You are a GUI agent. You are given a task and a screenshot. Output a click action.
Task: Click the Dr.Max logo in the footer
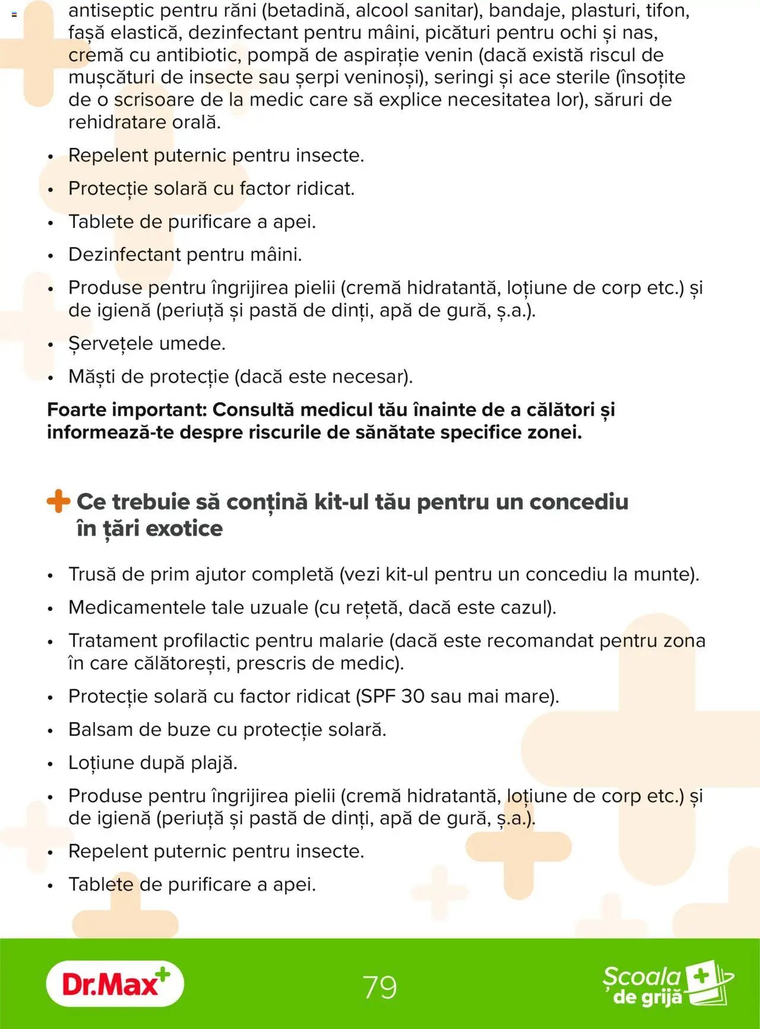click(115, 984)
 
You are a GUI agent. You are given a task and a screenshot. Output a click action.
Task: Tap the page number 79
click(380, 987)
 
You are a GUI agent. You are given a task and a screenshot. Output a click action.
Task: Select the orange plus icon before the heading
click(58, 501)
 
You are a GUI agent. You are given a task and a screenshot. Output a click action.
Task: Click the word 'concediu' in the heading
click(578, 502)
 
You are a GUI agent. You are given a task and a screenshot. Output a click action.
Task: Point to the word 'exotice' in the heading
click(183, 528)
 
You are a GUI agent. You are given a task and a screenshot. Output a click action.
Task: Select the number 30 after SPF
click(413, 696)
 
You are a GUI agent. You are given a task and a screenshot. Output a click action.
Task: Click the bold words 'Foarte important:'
click(126, 410)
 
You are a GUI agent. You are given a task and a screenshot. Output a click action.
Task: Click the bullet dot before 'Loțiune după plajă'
click(50, 764)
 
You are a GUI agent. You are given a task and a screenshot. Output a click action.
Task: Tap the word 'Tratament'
click(113, 641)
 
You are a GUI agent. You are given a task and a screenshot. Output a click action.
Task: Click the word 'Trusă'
click(92, 574)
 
